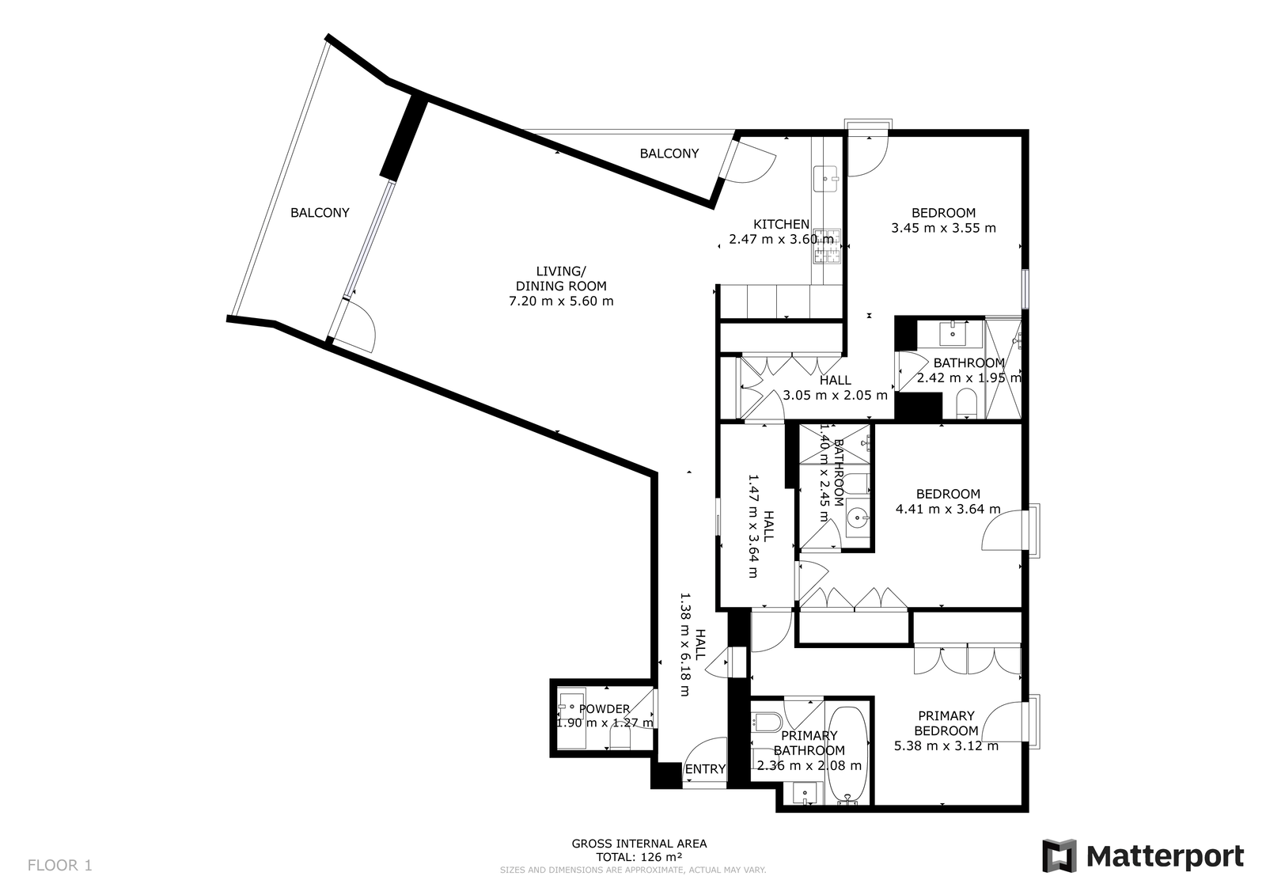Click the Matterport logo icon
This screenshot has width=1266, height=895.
1059,855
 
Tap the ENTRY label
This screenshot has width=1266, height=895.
705,769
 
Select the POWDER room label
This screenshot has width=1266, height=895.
605,709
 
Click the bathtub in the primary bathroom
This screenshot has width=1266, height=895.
847,755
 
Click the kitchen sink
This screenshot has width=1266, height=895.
828,179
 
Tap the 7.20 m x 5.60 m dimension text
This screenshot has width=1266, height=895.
561,301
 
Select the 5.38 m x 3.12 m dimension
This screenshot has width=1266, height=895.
946,745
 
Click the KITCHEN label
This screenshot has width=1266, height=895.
781,224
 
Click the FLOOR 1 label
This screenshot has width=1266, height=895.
60,865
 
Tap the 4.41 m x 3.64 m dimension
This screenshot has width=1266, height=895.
949,509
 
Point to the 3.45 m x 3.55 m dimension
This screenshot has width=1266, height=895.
944,228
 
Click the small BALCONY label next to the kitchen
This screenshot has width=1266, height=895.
669,154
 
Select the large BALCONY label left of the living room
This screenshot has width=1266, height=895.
320,213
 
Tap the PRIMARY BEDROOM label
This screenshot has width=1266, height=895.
946,723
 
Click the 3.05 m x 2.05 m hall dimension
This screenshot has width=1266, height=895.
836,395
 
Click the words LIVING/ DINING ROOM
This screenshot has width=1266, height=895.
561,279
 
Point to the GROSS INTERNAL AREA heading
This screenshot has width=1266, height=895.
639,844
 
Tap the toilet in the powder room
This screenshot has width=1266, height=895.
620,738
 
